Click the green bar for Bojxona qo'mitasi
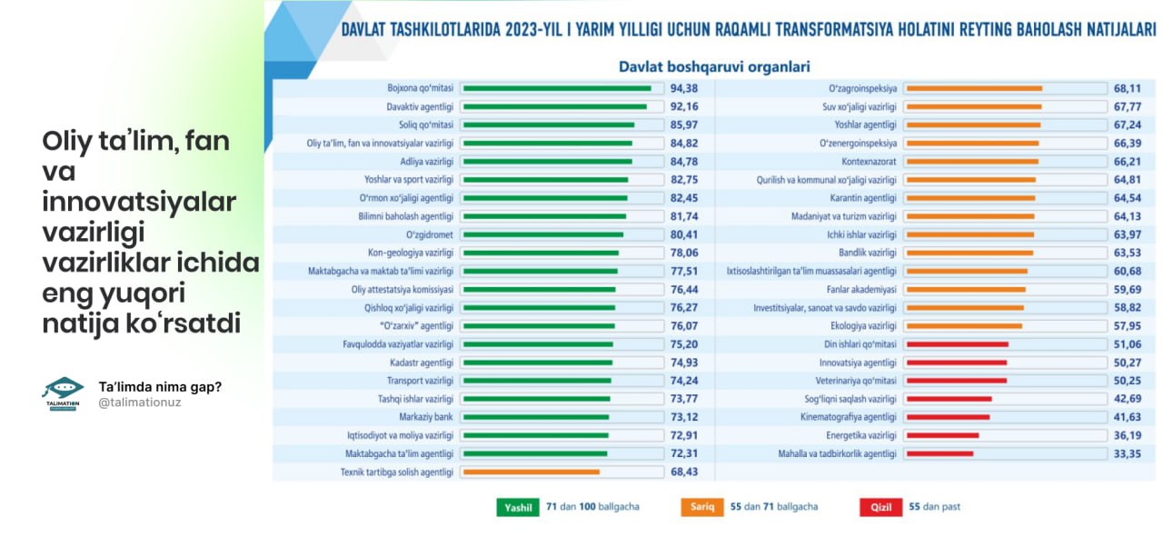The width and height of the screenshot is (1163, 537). (556, 88)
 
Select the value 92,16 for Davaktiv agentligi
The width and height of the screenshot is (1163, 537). (683, 106)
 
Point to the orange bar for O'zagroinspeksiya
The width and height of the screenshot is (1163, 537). (974, 88)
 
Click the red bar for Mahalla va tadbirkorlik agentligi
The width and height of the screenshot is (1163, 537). (939, 453)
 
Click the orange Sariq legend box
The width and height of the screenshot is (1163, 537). (701, 507)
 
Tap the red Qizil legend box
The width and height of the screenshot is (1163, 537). (881, 507)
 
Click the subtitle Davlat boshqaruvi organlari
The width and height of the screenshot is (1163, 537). (714, 66)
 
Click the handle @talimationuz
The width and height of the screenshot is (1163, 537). (140, 402)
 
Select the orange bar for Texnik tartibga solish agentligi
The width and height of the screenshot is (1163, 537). (531, 472)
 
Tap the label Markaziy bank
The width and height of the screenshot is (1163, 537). (432, 417)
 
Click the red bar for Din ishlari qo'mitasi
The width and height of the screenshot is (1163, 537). (958, 344)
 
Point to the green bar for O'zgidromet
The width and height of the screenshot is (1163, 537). (542, 234)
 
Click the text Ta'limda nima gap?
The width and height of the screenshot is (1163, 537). (160, 386)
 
